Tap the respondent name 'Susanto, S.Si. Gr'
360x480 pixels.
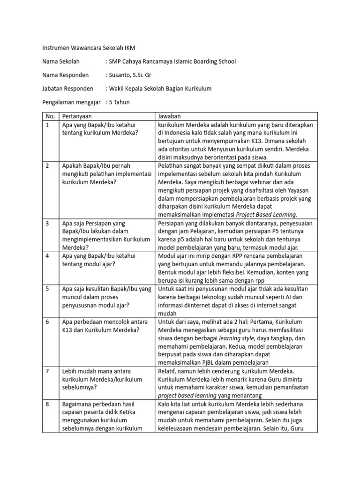(130, 75)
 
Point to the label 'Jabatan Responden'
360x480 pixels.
(67, 88)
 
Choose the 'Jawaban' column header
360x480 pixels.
(169, 116)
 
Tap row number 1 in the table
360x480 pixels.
(47, 125)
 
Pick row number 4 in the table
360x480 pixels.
(47, 256)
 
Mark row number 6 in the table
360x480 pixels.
(47, 322)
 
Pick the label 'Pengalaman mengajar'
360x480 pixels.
(73, 102)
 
